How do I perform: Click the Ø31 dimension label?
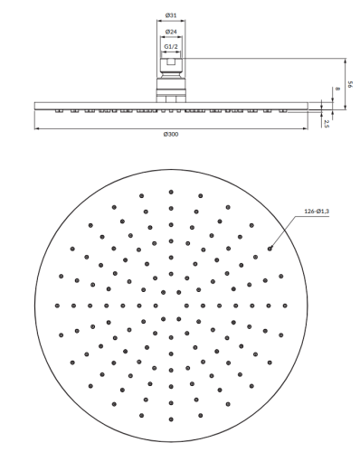click(x=170, y=15)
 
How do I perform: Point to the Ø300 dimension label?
click(x=170, y=135)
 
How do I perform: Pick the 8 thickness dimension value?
click(x=336, y=89)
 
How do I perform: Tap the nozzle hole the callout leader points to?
click(x=269, y=246)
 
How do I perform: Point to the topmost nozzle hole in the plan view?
click(x=170, y=192)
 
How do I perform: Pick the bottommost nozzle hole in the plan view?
click(x=170, y=419)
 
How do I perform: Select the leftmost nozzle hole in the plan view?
click(x=57, y=305)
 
